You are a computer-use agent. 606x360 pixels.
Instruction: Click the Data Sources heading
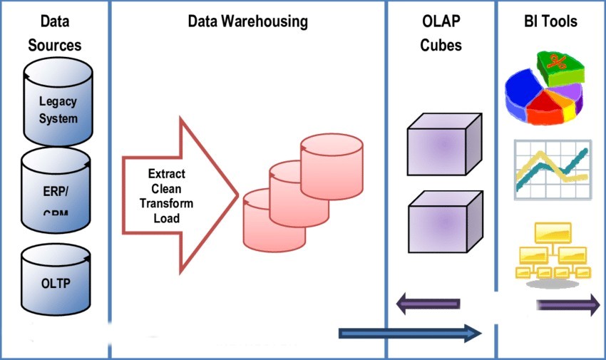[x=55, y=34]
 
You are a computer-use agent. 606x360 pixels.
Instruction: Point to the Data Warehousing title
[x=247, y=21]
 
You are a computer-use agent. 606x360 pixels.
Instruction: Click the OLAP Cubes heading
[x=441, y=34]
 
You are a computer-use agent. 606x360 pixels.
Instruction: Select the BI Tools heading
[x=550, y=21]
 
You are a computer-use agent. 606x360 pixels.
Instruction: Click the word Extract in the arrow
[x=166, y=173]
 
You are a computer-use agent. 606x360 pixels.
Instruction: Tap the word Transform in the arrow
[x=166, y=203]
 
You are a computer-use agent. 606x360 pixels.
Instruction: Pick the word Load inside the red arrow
[x=166, y=218]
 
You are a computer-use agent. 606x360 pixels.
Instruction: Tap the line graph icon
[x=551, y=170]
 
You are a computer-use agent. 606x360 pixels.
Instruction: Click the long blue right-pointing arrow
[x=410, y=333]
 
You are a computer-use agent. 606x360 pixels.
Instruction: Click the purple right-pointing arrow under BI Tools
[x=568, y=306]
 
